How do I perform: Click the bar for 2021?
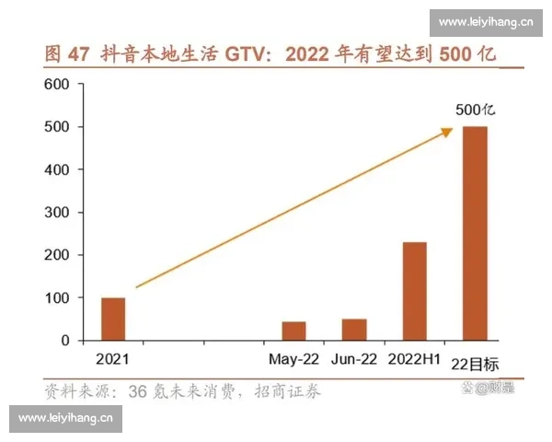click(113, 319)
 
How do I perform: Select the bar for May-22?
click(293, 331)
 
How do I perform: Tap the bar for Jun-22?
click(353, 330)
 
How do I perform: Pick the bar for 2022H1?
click(414, 291)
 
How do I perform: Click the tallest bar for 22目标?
click(475, 233)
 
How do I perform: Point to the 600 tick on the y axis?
click(58, 84)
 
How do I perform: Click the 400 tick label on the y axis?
click(58, 169)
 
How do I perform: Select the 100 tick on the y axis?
click(58, 297)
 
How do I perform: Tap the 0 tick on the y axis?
click(64, 340)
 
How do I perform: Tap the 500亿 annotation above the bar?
click(475, 110)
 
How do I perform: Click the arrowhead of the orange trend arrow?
click(447, 132)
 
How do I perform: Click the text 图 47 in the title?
click(67, 53)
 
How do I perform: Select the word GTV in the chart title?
click(244, 53)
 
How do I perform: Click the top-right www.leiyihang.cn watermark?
click(487, 21)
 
